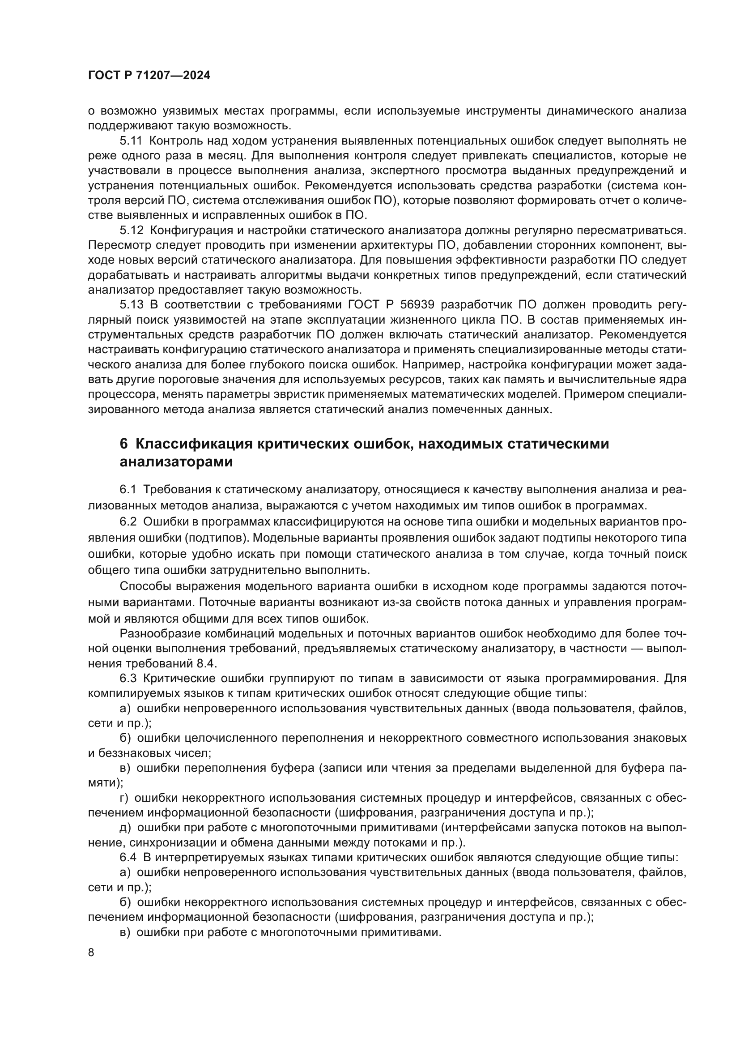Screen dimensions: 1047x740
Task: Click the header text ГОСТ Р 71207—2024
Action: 149,76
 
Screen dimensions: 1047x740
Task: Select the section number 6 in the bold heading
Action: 123,444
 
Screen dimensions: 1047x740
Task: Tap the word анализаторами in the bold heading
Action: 176,462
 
